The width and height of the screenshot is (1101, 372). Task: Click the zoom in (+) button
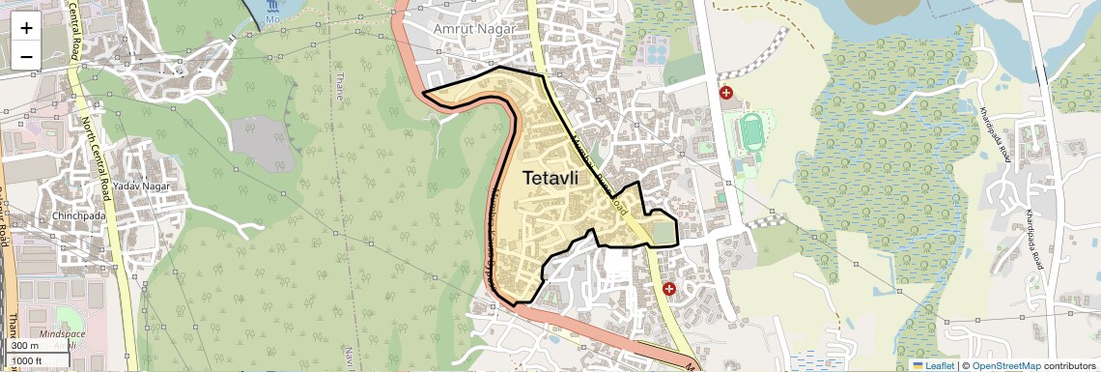26,28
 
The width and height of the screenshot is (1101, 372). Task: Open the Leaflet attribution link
933,365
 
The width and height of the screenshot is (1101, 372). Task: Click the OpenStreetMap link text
1005,365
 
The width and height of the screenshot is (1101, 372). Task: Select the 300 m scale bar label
25,346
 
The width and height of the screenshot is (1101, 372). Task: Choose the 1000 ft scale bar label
27,360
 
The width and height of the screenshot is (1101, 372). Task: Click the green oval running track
752,138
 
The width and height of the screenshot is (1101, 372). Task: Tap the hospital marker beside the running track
726,94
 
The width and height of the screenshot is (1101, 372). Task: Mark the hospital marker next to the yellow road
668,289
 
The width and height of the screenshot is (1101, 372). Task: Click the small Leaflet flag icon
918,365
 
